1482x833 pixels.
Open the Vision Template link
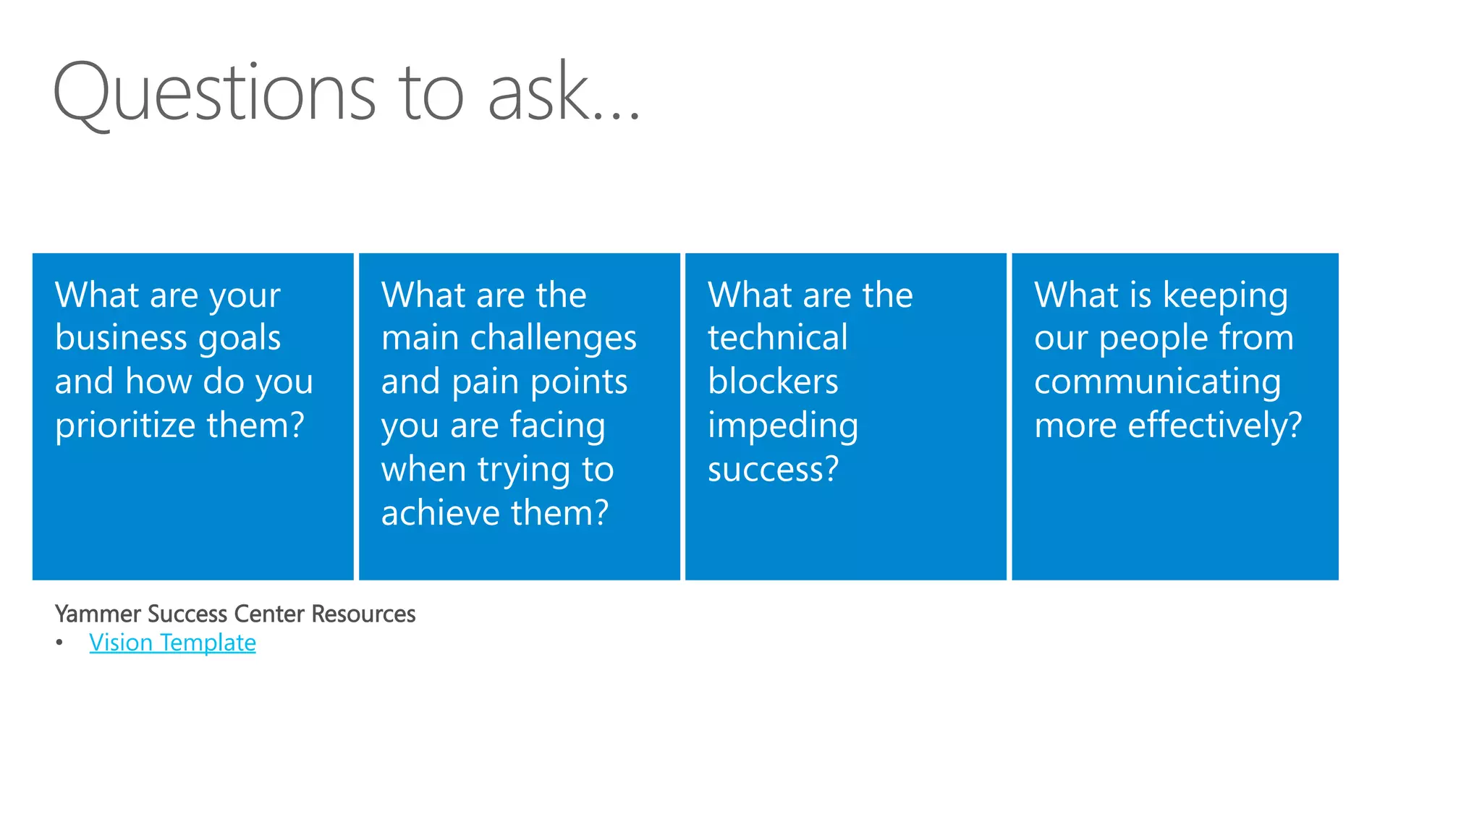tap(172, 643)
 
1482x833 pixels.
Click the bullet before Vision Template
tap(59, 643)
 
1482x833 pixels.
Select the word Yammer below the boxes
tap(98, 614)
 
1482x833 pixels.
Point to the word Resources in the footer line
tap(363, 614)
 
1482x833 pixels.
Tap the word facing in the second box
tap(557, 426)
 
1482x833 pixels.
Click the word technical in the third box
tap(777, 338)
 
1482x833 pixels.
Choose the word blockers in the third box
tap(773, 381)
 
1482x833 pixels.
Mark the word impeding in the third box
tap(783, 426)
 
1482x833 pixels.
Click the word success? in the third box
tap(773, 470)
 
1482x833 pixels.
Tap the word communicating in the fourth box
tap(1157, 383)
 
